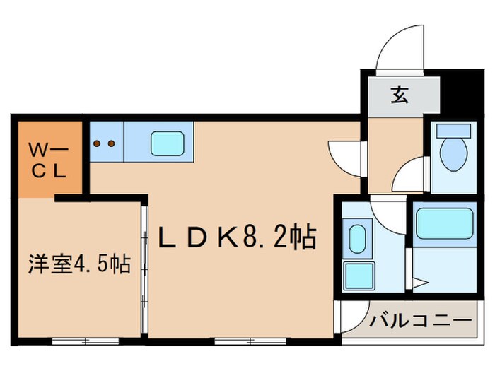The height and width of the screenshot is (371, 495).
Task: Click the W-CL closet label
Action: click(47, 160)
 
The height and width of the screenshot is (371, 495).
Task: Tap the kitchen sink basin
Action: click(170, 143)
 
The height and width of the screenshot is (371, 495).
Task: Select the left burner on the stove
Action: click(97, 143)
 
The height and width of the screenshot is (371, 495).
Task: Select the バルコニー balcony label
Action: click(419, 323)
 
